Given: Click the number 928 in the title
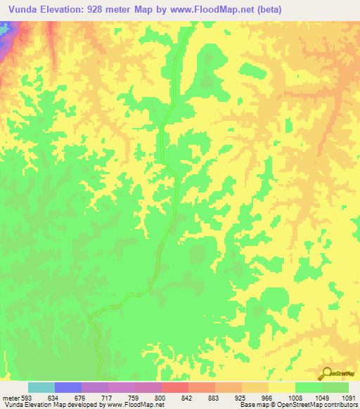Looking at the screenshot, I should (x=111, y=8).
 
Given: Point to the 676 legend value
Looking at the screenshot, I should (x=80, y=397).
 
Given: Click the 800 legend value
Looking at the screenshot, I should (x=160, y=397).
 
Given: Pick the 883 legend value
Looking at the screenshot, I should (x=214, y=397).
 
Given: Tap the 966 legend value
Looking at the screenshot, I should (x=267, y=397).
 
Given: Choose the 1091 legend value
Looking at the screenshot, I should (x=348, y=397).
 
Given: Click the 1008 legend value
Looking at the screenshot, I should (x=294, y=397).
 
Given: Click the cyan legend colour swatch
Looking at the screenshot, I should (x=41, y=387).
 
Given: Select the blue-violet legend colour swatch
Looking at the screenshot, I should (x=68, y=387).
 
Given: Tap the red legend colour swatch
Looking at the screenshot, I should (x=175, y=387).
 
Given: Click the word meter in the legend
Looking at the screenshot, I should (x=10, y=397).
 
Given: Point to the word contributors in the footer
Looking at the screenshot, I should (x=340, y=405).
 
